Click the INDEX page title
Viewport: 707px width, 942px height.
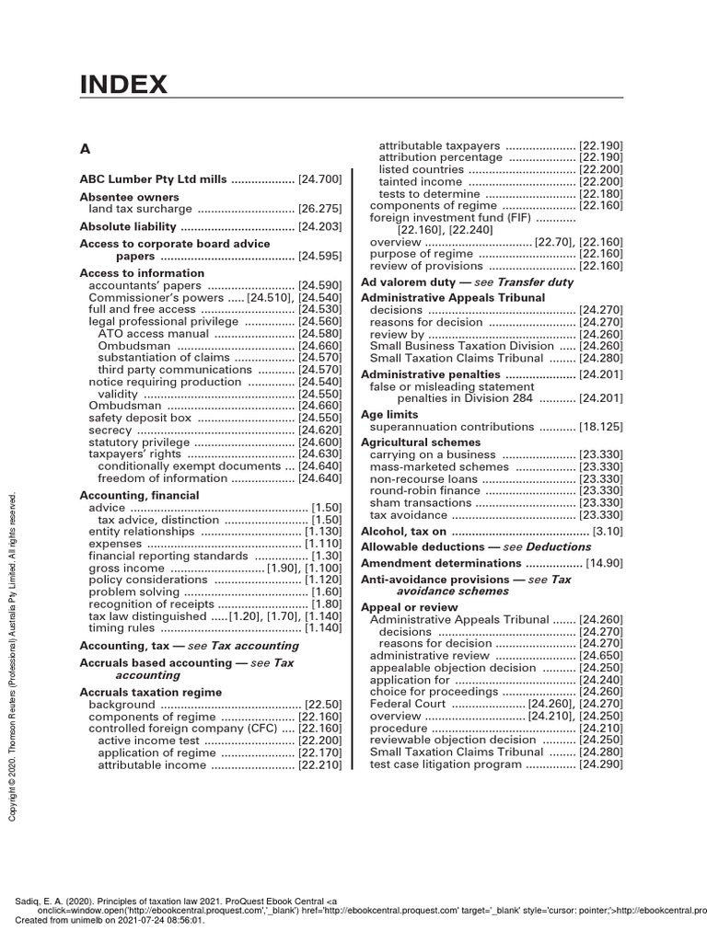coord(123,86)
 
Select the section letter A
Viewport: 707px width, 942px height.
coord(86,148)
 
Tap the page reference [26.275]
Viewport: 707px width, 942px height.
coord(319,209)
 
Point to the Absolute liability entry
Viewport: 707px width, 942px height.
coord(127,226)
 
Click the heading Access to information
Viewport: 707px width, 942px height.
coord(142,273)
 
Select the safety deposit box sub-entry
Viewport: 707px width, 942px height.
coord(140,417)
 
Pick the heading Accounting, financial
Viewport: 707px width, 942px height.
coord(139,495)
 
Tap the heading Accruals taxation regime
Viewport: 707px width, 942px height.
coord(151,692)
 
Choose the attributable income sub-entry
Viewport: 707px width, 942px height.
coord(152,764)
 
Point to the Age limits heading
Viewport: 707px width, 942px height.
coord(389,415)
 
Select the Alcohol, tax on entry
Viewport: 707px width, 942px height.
coord(403,532)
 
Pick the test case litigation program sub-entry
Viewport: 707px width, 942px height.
coord(445,764)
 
